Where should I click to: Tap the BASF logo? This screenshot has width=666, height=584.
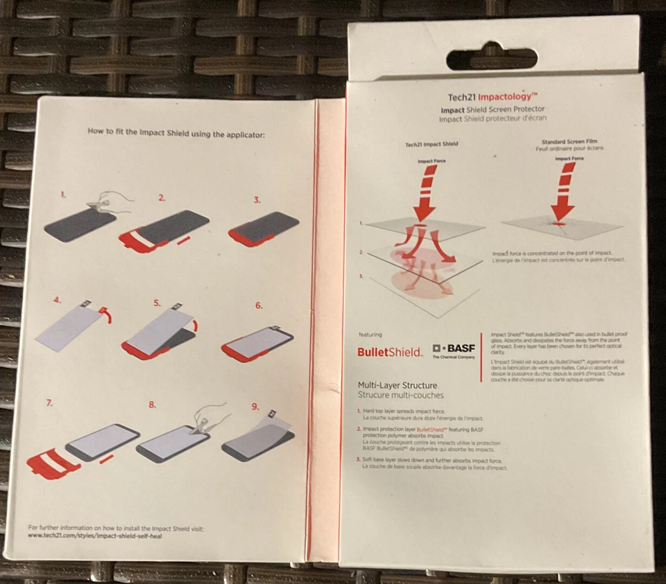point(454,350)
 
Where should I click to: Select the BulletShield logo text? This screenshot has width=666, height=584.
point(389,351)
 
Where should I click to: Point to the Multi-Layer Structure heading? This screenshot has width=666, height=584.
point(397,384)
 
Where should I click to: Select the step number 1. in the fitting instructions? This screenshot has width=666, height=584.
point(64,195)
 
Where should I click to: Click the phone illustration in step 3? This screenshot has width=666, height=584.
point(263,229)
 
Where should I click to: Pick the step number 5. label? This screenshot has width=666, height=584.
point(157,303)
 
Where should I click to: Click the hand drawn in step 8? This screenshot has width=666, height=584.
point(209,416)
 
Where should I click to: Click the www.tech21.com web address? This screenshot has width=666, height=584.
point(94,536)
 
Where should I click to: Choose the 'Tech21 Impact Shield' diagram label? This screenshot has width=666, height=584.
point(432,144)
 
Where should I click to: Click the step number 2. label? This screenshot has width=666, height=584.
point(162,198)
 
